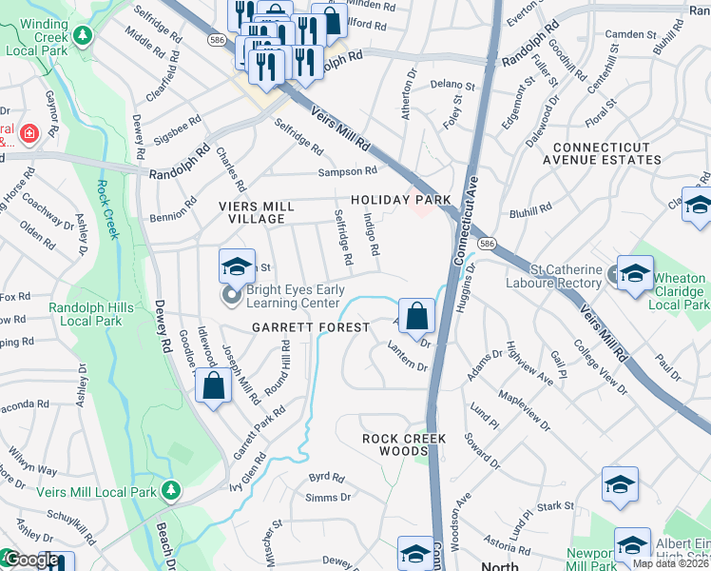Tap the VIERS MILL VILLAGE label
[252, 211]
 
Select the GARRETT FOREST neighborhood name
[310, 327]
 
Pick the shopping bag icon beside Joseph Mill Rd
[213, 386]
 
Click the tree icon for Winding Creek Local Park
[84, 35]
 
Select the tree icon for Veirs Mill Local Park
[170, 490]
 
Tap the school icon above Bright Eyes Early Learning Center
[237, 266]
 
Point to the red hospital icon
[29, 133]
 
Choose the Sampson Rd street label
[348, 171]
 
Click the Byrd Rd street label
[326, 476]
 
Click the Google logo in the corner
[30, 561]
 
